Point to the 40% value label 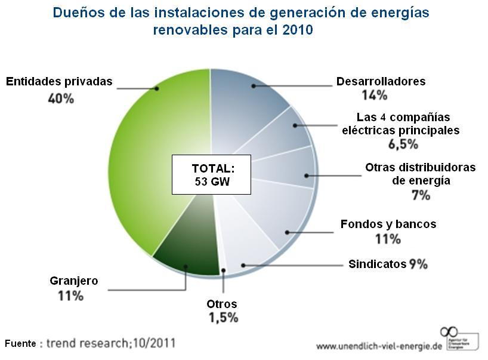[61, 98]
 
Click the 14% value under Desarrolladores [374, 95]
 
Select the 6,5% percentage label [404, 144]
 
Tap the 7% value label [421, 195]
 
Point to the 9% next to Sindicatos [418, 264]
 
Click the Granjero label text [74, 281]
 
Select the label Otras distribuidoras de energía [421, 174]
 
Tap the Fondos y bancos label [388, 224]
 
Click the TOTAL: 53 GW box [212, 174]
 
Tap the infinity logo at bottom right [449, 332]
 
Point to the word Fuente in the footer [21, 343]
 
